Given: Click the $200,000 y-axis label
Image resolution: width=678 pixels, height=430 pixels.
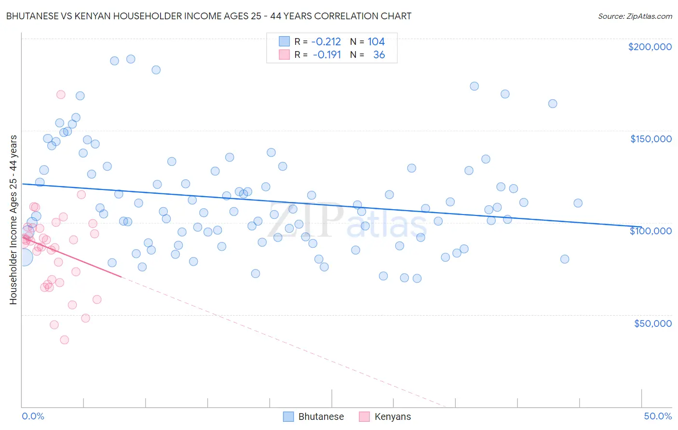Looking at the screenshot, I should pos(650,47).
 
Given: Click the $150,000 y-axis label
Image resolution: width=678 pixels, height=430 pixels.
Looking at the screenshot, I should pos(651,139).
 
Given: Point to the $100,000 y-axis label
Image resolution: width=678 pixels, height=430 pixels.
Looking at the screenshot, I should pos(651,231).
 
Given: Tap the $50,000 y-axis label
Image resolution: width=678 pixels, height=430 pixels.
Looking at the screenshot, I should pos(652,323).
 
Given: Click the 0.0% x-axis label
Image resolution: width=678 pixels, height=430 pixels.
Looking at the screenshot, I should pos(33,416).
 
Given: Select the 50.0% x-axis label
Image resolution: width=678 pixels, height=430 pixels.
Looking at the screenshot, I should pos(658,416).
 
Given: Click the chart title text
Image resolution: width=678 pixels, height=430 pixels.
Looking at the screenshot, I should pos(208,16).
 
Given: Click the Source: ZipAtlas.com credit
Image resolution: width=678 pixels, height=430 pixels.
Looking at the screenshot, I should pos(635,16).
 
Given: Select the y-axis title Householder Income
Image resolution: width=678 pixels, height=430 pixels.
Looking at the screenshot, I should pos(13,220).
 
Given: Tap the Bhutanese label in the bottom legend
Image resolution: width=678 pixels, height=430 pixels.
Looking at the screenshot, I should pos(321,417).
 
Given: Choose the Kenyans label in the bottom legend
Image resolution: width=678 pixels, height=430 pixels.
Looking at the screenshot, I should pos(393,417).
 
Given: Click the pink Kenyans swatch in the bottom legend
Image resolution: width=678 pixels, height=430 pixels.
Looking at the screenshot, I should pos(364,417).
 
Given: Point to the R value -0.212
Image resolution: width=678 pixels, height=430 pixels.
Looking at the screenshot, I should pos(326,42).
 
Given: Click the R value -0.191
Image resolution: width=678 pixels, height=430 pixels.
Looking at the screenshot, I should pos(326,55).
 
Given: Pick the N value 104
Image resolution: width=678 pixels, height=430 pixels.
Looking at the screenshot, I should pos(376,42).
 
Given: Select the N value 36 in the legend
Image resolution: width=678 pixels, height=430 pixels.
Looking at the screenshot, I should pos(379,55).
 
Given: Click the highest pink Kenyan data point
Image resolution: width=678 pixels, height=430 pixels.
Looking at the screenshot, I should pos(61,94).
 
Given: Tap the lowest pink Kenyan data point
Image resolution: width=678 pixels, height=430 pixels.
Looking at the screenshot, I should pos(64,340).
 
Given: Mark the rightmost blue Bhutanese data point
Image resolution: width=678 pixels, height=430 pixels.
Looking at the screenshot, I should pos(578,203).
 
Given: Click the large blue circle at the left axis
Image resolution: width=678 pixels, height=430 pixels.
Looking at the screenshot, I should pos(23,257).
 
